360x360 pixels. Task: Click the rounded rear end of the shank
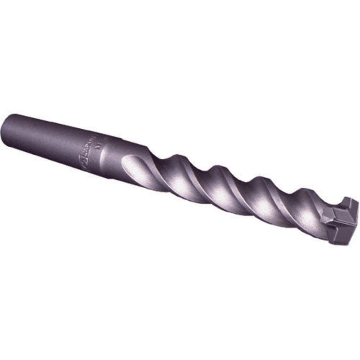(10, 130)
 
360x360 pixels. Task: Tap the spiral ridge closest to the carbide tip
(295, 205)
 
